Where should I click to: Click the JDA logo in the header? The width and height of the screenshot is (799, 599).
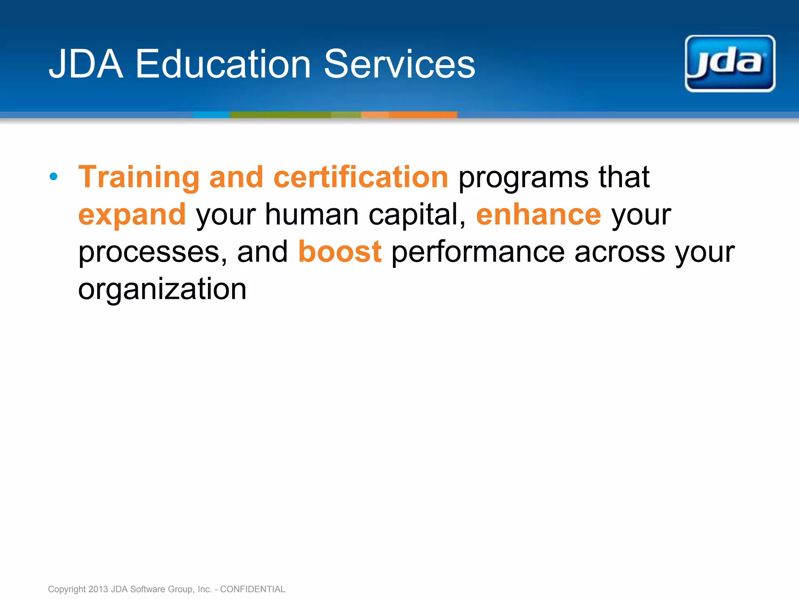[x=730, y=64]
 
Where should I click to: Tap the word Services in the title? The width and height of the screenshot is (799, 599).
[x=399, y=64]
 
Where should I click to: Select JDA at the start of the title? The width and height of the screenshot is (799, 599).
[x=86, y=64]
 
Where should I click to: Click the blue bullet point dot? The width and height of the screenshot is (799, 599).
[x=54, y=177]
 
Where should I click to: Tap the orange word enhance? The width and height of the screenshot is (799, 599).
[x=538, y=214]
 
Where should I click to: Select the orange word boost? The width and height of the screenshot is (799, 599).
[x=340, y=252]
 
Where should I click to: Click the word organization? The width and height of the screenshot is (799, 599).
[x=162, y=289]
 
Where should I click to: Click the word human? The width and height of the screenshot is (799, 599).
[x=312, y=214]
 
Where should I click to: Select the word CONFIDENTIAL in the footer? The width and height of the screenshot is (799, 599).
[x=252, y=589]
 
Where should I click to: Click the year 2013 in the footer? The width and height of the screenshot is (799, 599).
[x=98, y=589]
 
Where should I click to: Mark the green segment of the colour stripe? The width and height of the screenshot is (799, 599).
[x=281, y=115]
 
